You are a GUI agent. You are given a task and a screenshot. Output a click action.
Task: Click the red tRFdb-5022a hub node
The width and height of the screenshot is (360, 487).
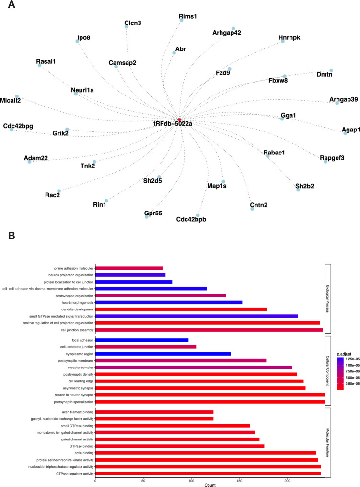point(179,119)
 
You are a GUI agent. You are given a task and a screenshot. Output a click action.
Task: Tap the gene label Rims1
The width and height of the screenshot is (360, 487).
point(181,16)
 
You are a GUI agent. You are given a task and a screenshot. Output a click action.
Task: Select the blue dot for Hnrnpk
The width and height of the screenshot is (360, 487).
point(283,41)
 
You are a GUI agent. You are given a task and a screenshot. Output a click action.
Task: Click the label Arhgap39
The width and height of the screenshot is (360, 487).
point(344,99)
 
